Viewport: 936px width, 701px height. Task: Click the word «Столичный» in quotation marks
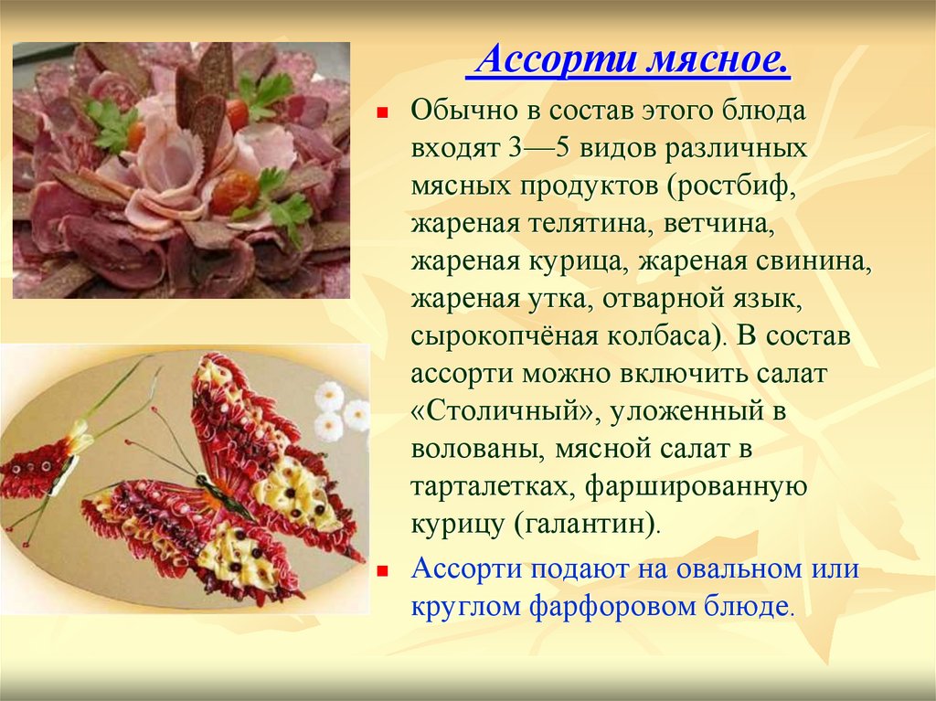[505, 412]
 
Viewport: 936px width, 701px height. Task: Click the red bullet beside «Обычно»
[383, 112]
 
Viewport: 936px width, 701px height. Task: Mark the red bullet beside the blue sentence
[383, 571]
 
